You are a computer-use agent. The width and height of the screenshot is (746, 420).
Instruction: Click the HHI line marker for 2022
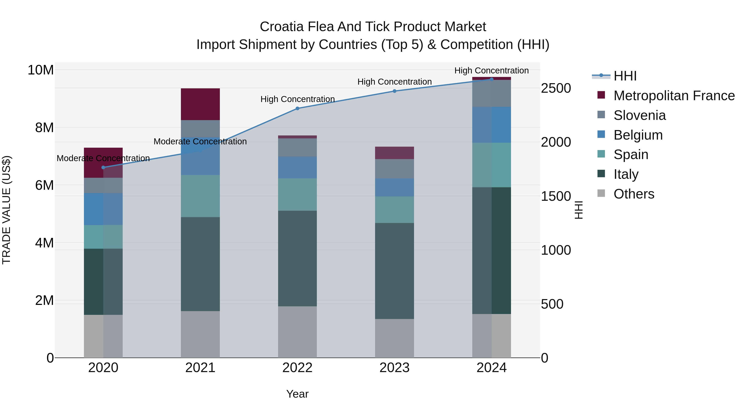(x=297, y=108)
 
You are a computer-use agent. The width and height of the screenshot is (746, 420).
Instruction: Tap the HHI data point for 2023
(x=394, y=91)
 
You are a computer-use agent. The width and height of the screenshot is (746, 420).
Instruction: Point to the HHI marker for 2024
(x=492, y=79)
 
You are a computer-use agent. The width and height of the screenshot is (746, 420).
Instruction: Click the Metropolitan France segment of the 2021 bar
(x=200, y=104)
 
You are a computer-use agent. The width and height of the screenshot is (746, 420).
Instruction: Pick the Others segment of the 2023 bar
(x=394, y=338)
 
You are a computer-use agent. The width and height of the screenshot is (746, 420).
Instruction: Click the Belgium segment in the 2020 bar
(x=103, y=209)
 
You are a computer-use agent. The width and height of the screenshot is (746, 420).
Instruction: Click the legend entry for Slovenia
(x=639, y=115)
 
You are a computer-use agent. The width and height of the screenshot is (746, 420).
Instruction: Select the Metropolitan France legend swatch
(x=601, y=95)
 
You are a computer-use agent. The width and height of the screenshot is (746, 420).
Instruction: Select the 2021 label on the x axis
(x=200, y=368)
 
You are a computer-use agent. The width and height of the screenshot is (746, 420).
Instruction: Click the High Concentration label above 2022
(x=297, y=99)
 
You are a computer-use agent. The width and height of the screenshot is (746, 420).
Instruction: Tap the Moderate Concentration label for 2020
(x=103, y=158)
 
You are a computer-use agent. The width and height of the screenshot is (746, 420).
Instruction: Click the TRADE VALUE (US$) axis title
(x=6, y=210)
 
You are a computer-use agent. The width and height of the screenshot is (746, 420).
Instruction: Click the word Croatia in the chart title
(x=282, y=27)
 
